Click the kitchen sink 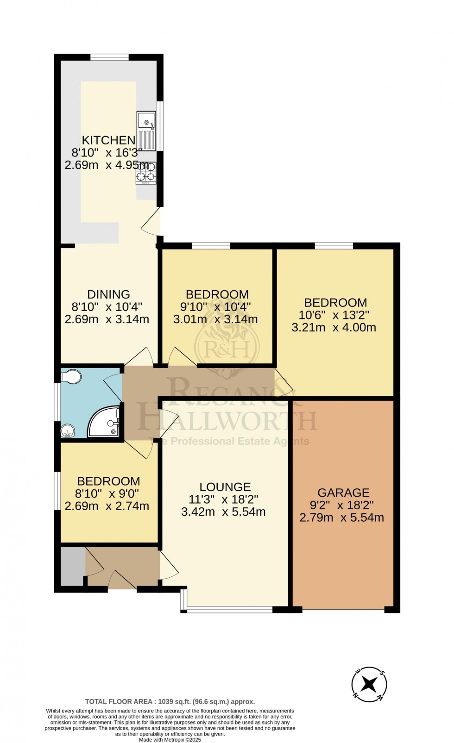pos(146,131)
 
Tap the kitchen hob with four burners pos(145,173)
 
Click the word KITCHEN pos(108,140)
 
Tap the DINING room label pos(109,294)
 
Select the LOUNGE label pos(225,487)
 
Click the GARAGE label pos(343,493)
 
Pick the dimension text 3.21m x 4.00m pos(334,328)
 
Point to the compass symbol pos(369,684)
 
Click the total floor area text pos(170,702)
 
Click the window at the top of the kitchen pos(109,57)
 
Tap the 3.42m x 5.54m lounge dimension pos(223,512)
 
